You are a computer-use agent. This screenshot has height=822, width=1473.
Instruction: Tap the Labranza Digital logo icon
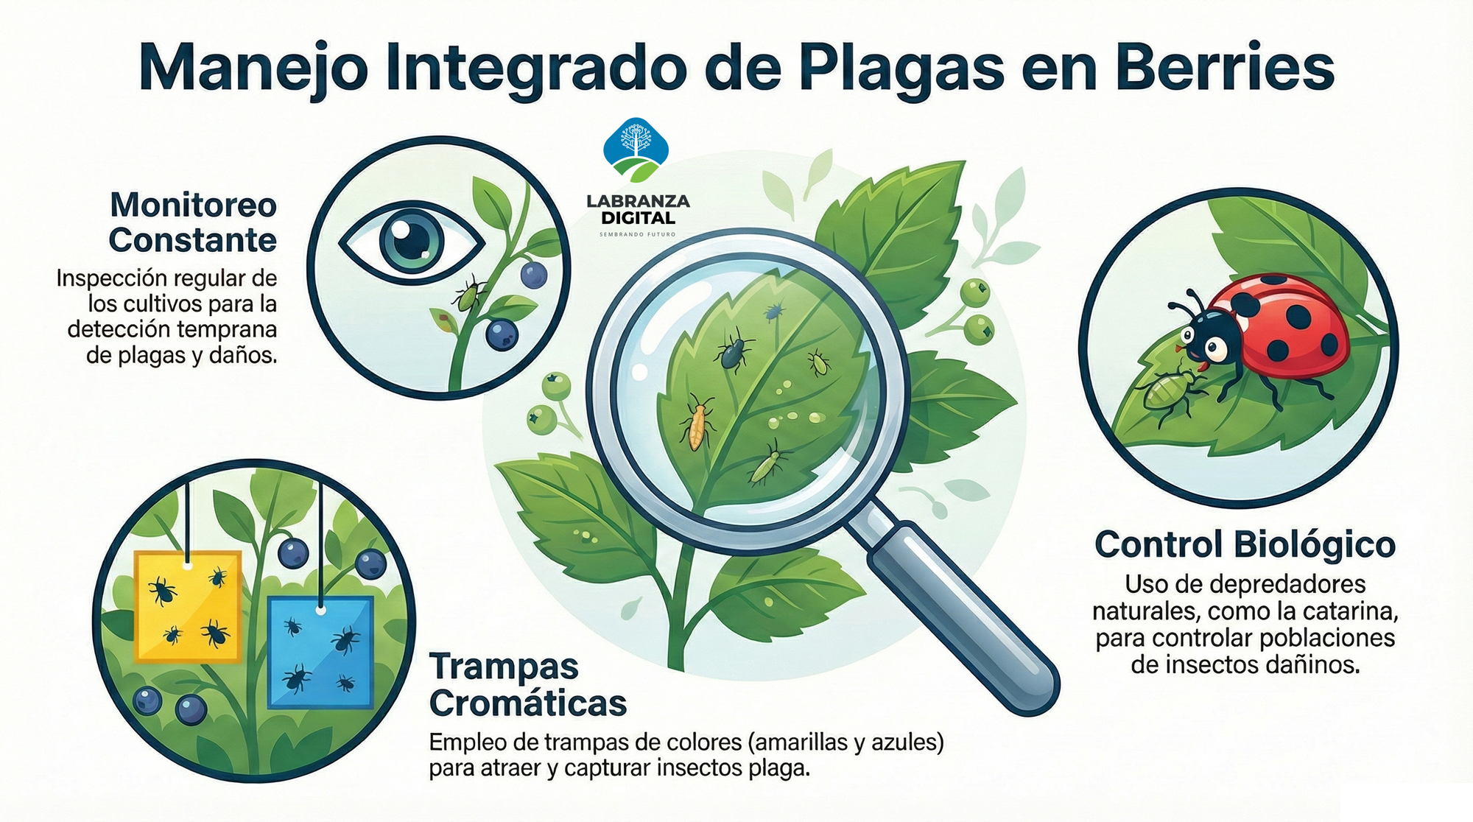pyautogui.click(x=636, y=150)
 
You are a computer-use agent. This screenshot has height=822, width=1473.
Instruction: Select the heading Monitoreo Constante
pyautogui.click(x=193, y=222)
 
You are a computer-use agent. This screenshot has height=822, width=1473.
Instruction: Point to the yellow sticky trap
pyautogui.click(x=188, y=605)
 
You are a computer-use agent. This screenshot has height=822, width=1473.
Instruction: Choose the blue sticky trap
pyautogui.click(x=320, y=653)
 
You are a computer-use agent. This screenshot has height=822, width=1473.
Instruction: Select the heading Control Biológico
pyautogui.click(x=1245, y=545)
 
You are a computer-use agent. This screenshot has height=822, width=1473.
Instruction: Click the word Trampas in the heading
pyautogui.click(x=504, y=667)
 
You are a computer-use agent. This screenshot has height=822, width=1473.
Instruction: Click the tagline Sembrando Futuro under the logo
pyautogui.click(x=638, y=234)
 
